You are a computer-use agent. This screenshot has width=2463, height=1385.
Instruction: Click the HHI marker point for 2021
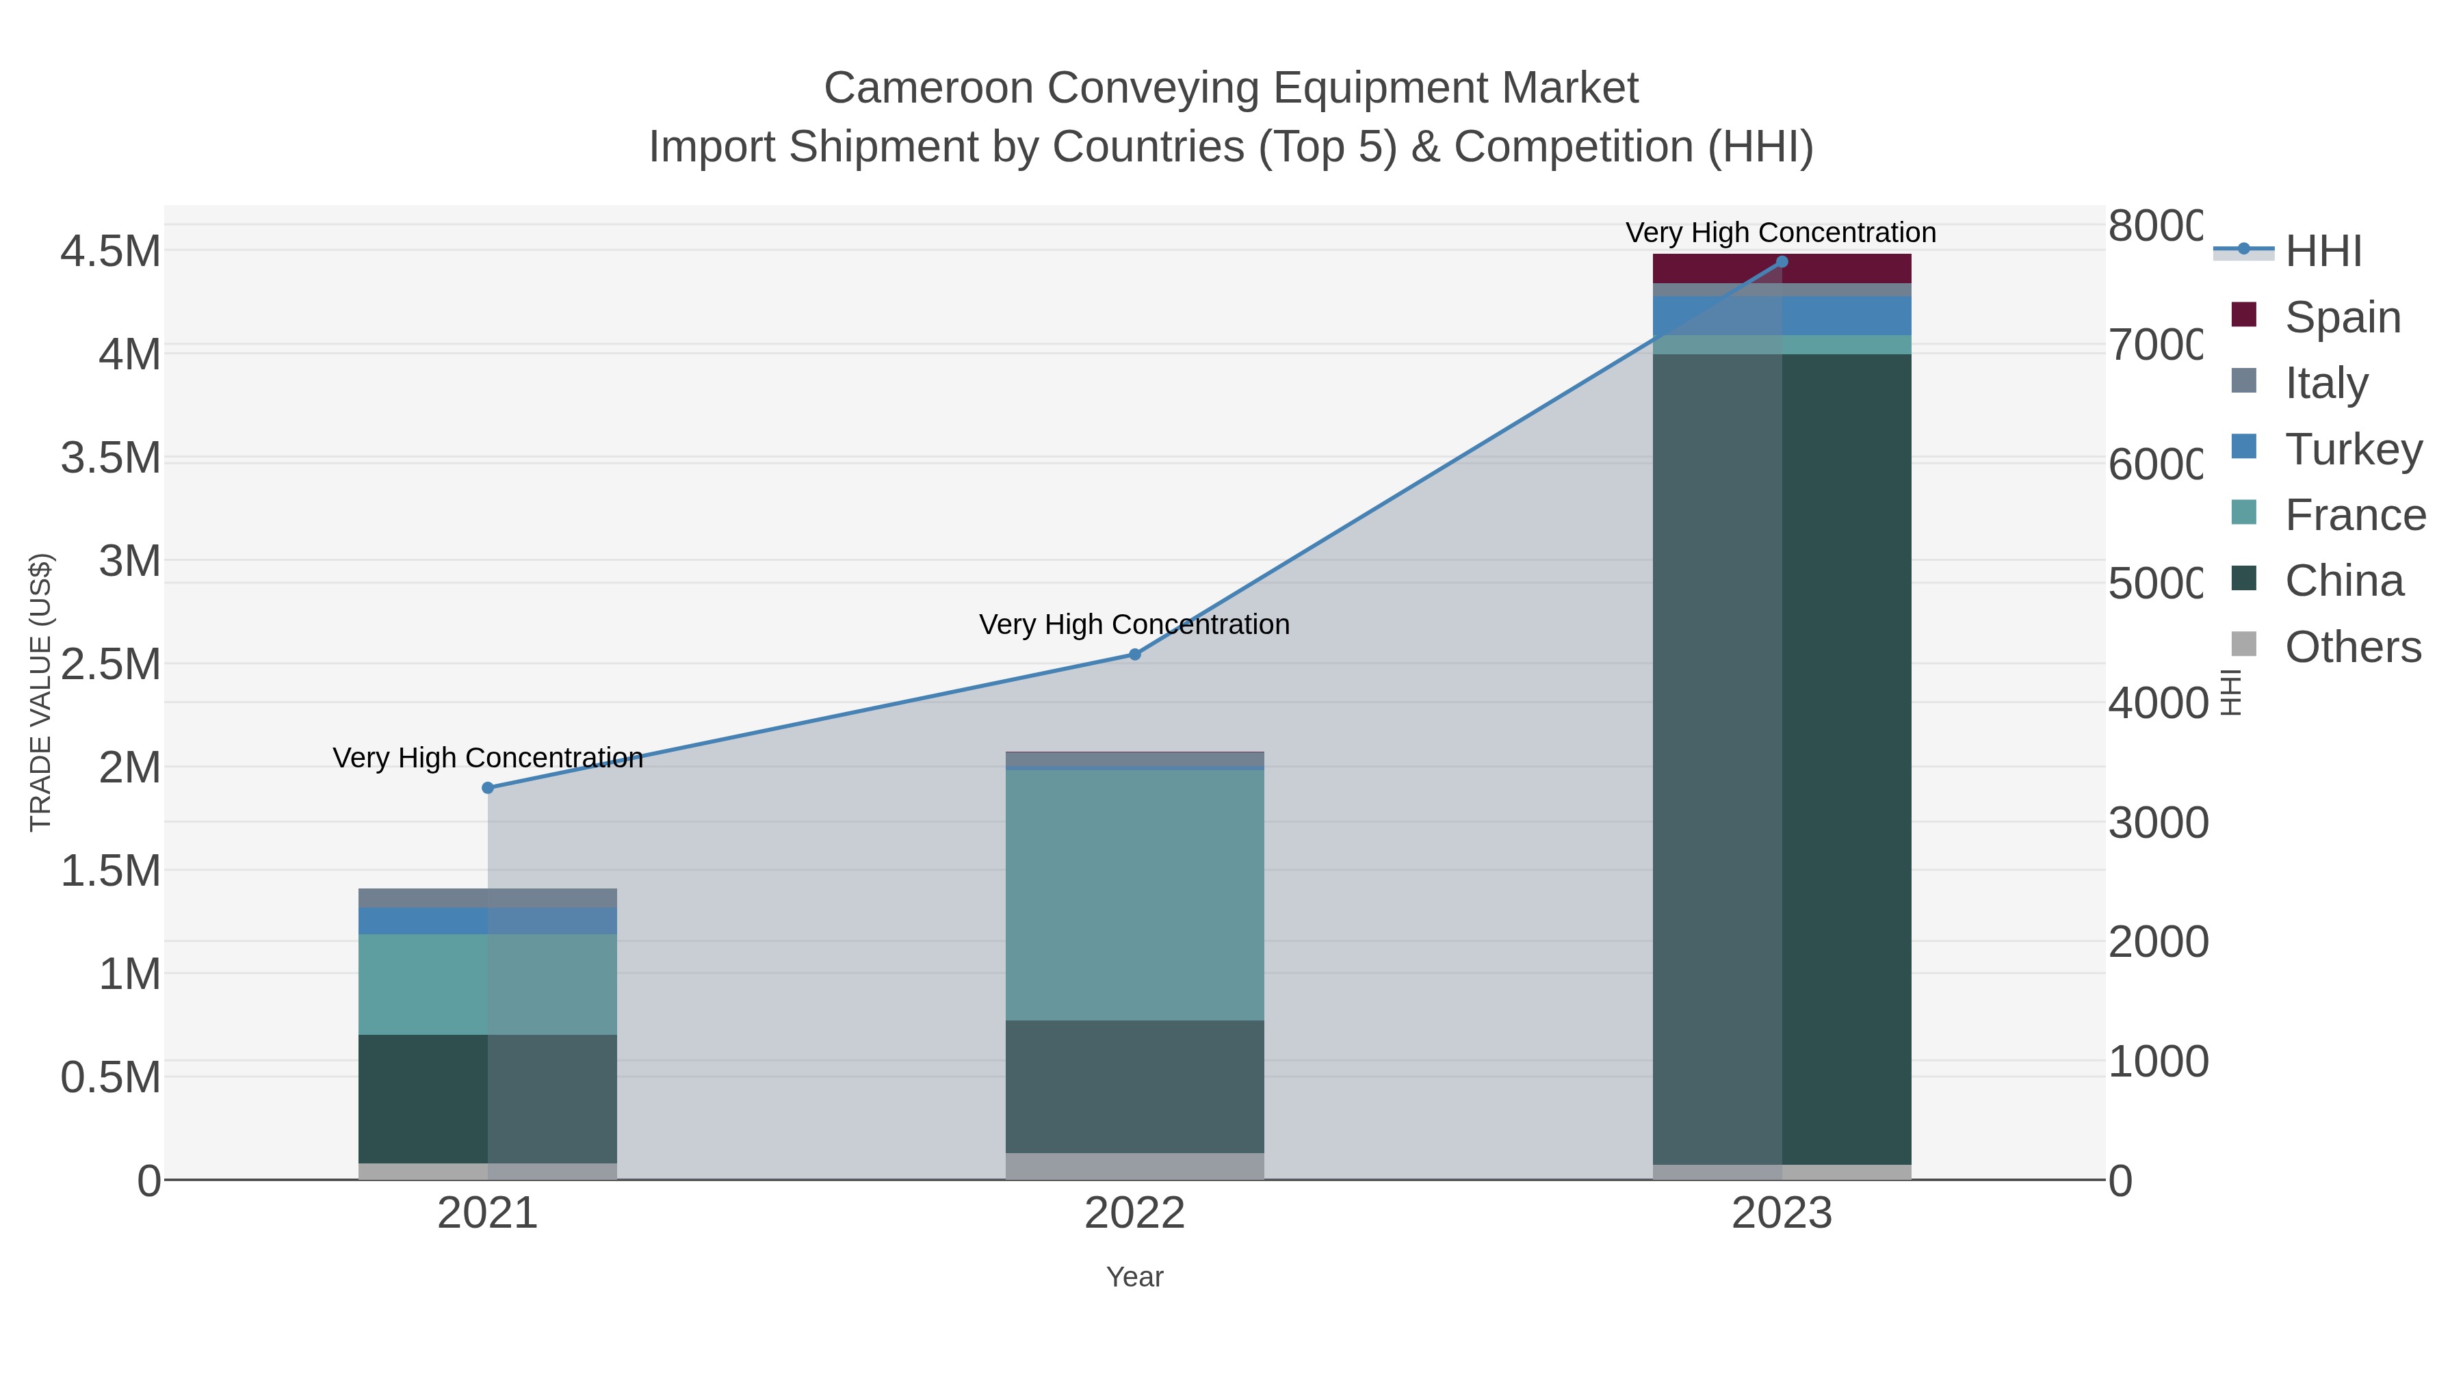tap(488, 788)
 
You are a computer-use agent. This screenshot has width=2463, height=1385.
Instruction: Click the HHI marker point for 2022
tap(1135, 655)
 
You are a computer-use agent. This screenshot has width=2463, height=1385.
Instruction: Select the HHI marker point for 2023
tap(1782, 262)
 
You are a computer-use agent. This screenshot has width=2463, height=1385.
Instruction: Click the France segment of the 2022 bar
tap(1135, 895)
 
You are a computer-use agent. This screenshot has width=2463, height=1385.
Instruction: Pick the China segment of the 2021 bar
tap(421, 1098)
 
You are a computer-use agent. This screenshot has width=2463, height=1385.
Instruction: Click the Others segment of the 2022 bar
tap(1135, 1166)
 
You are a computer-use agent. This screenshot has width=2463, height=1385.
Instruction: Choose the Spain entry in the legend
tap(2343, 317)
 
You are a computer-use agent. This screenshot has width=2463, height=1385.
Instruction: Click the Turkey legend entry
tap(2353, 449)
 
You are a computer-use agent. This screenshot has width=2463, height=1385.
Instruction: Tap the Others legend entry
tap(2352, 647)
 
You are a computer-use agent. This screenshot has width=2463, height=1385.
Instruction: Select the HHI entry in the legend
tap(2323, 252)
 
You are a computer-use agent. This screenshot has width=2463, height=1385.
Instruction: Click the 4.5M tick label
tap(111, 252)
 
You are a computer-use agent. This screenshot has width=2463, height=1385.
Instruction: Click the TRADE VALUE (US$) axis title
tap(40, 692)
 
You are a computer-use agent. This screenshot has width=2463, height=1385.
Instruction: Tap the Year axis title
tap(1135, 1277)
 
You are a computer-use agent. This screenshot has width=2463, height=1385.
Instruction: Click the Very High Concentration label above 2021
tap(488, 758)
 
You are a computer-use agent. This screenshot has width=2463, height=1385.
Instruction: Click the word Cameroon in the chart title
tap(928, 88)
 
